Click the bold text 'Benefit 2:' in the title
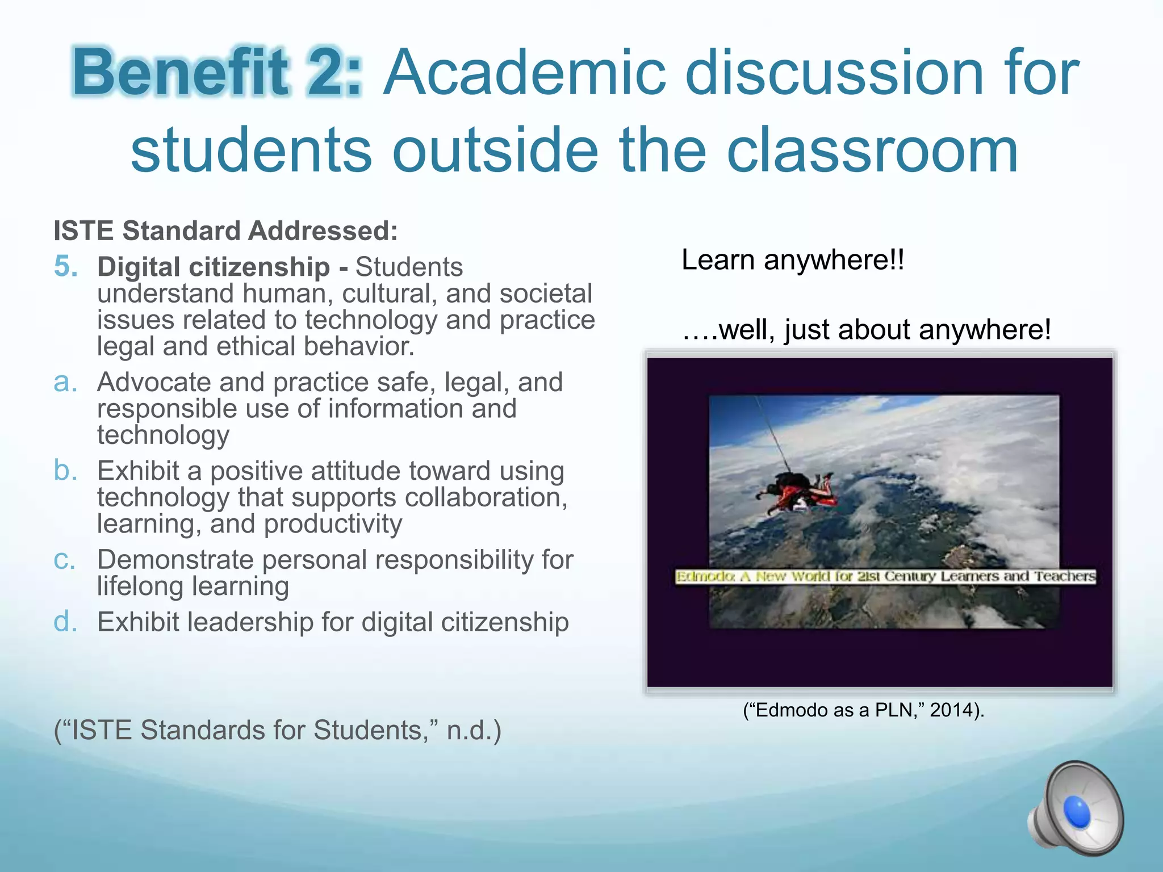tap(217, 73)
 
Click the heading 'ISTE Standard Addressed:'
tap(225, 231)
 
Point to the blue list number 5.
tap(66, 266)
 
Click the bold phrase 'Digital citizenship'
tap(214, 267)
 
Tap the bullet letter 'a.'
tap(65, 382)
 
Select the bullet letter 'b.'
tap(65, 471)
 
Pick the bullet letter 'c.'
tap(65, 560)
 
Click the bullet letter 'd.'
tap(65, 622)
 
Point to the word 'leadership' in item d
tap(250, 622)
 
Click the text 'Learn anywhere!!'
tap(793, 260)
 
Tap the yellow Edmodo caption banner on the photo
tap(885, 577)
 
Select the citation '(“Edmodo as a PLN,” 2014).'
tap(864, 710)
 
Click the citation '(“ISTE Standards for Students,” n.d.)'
tap(278, 730)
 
